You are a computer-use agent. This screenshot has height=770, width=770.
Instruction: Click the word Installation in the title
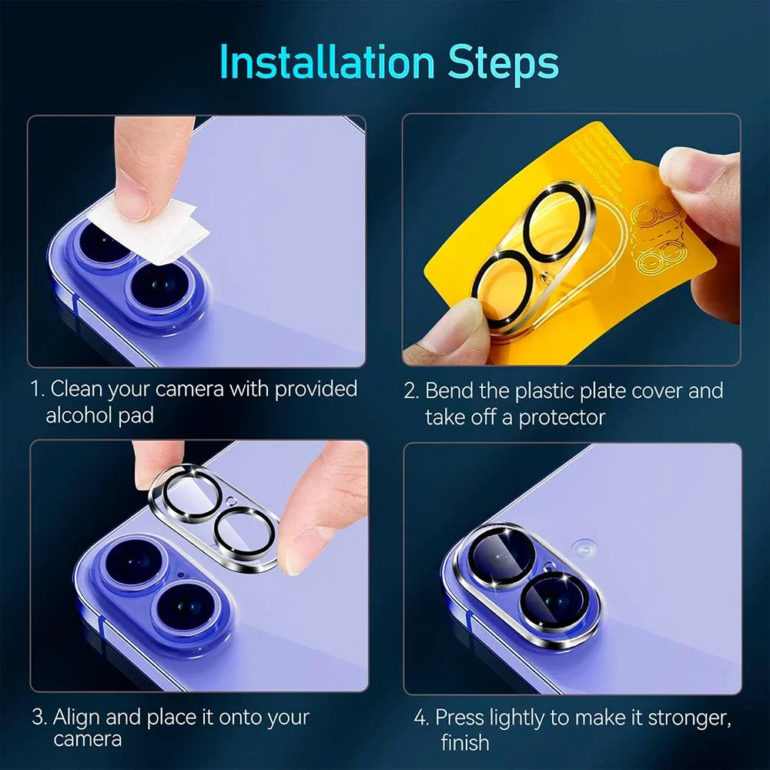click(327, 63)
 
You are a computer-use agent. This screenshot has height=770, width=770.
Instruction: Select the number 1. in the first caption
click(38, 389)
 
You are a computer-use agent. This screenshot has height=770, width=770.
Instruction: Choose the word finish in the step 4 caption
click(465, 742)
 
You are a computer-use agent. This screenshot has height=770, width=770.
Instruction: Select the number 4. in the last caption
click(421, 718)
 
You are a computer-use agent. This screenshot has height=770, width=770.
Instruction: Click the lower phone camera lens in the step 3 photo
click(185, 608)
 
